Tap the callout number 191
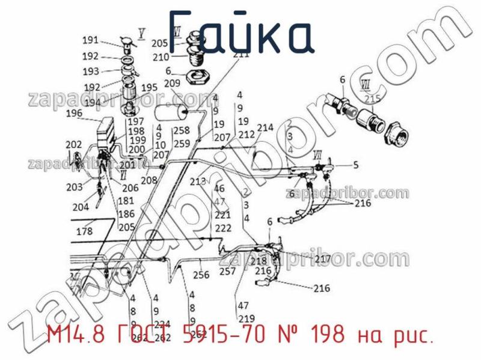[91, 40]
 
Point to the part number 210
[161, 58]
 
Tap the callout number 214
[265, 127]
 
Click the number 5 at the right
[355, 165]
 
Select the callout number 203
[75, 187]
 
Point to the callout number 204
[80, 207]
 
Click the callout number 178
[84, 231]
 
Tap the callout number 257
[227, 271]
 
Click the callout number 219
[247, 319]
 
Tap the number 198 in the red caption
[325, 335]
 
